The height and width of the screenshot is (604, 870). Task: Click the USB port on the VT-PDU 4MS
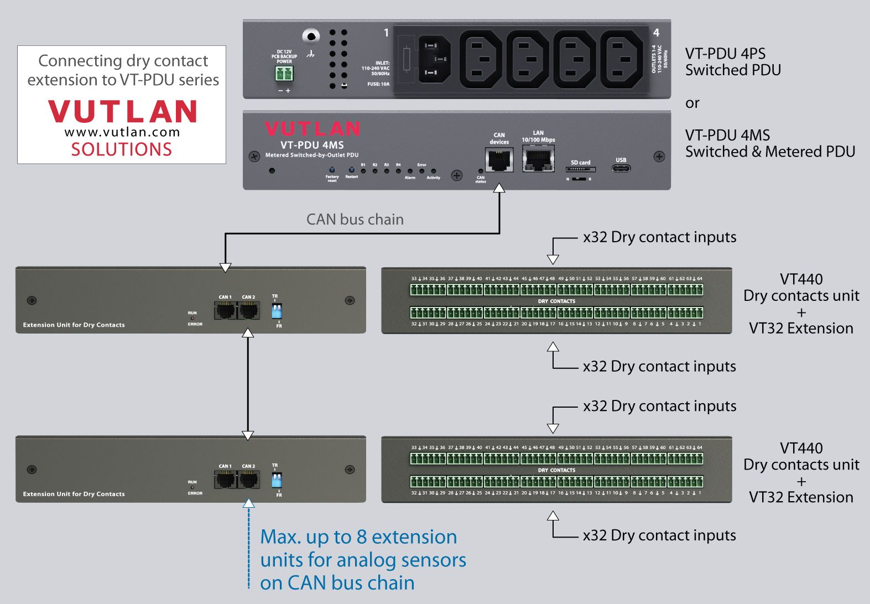pos(621,168)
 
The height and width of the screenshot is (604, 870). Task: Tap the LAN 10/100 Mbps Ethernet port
pos(538,159)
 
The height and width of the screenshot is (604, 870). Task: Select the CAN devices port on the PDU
pos(499,160)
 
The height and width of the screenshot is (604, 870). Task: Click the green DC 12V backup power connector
pos(284,73)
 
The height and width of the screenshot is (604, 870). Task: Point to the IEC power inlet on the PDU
pos(434,59)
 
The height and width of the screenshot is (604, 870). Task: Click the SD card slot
pos(580,169)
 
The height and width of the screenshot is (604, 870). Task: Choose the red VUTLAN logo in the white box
pos(122,111)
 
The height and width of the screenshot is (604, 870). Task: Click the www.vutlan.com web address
pos(122,132)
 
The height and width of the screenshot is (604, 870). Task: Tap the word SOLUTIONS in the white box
pos(122,149)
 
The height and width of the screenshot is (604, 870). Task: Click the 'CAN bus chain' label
pos(355,220)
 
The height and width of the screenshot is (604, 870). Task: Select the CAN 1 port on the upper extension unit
pos(225,310)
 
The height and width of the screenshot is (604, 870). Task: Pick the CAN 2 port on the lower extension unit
pos(249,480)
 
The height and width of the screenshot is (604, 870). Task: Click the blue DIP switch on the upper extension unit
pos(277,310)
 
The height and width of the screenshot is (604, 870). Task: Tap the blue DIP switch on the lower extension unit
pos(277,480)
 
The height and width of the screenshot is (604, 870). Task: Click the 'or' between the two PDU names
pos(692,103)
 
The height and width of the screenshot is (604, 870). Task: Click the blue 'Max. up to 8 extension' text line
pos(358,537)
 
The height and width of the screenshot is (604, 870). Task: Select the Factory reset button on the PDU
pos(332,169)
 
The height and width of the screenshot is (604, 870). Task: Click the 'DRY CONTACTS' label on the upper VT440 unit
pos(556,301)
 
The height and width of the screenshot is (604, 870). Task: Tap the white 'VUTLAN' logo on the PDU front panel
pos(312,129)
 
